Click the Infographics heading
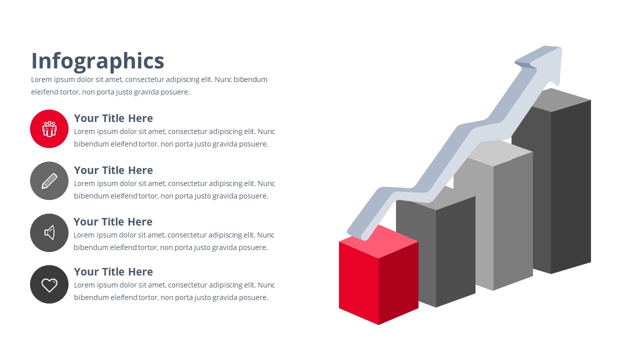tap(97, 61)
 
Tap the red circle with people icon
tap(49, 129)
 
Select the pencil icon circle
tap(49, 181)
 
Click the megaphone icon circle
tap(49, 233)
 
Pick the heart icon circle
tap(49, 284)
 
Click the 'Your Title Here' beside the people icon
tap(113, 118)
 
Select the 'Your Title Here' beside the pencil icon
tap(113, 170)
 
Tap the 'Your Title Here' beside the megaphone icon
tap(113, 222)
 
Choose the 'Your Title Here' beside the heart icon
tap(113, 272)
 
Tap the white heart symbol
tap(49, 285)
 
